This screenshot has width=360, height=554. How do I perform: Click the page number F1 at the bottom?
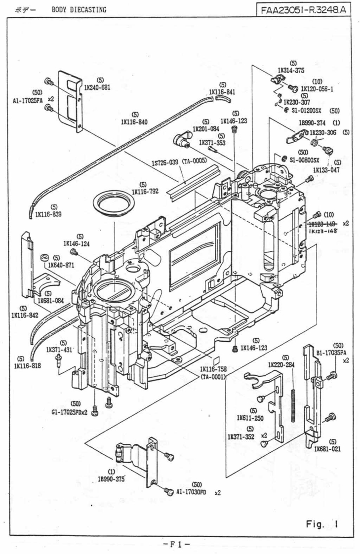(179, 544)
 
